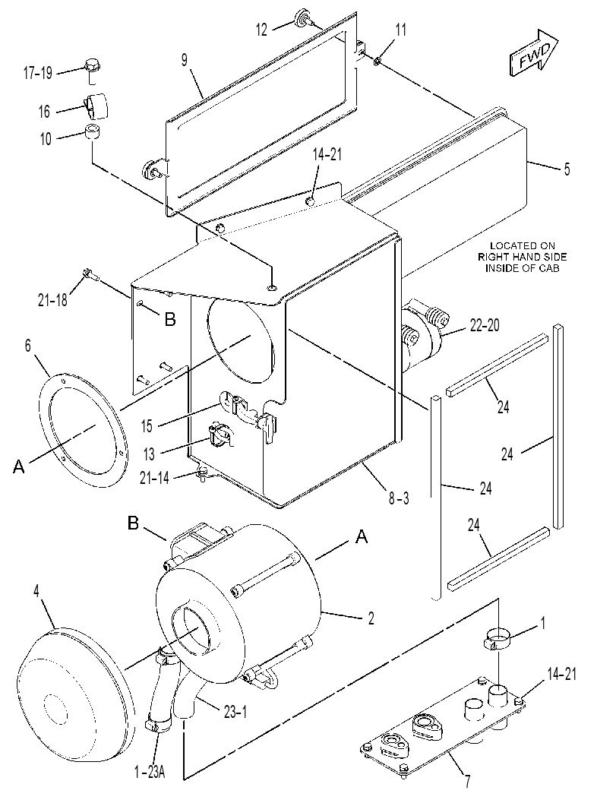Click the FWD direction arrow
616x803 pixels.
coord(534,53)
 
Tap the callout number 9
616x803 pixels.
coord(185,60)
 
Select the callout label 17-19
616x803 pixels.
coord(38,73)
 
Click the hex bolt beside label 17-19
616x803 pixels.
coord(91,70)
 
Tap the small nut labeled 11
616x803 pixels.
coord(377,62)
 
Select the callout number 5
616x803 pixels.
coord(567,169)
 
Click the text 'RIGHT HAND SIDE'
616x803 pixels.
coord(523,257)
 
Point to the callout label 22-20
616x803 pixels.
coord(484,325)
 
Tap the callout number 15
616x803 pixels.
coord(147,425)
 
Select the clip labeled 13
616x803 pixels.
coord(220,435)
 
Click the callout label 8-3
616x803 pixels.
coord(399,498)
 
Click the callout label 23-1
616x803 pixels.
coord(235,712)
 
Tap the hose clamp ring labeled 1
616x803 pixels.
coord(498,639)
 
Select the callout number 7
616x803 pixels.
coord(467,782)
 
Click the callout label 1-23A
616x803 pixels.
coord(150,773)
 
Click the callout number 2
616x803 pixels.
coord(371,618)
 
